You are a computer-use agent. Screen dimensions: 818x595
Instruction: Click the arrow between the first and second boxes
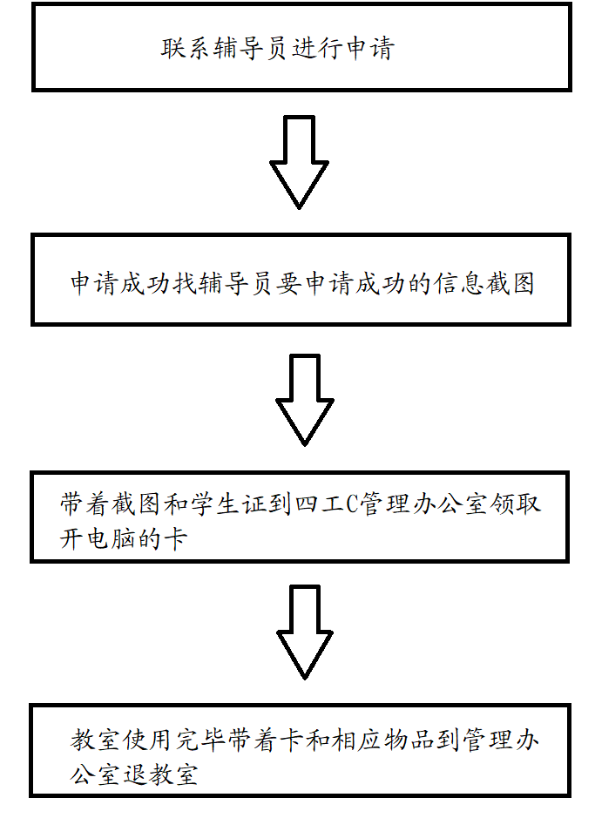[300, 161]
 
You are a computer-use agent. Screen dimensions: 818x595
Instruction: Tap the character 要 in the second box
[288, 284]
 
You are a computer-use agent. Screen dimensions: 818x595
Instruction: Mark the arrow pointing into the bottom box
[306, 631]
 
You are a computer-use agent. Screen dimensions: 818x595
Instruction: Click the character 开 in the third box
[72, 539]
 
